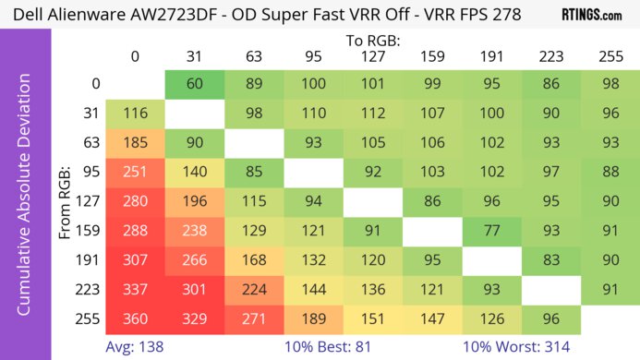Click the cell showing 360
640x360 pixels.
click(135, 320)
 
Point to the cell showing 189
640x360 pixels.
click(313, 320)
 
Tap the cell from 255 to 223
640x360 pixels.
click(551, 320)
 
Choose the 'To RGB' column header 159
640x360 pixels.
click(432, 56)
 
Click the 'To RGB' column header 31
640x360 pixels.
click(194, 56)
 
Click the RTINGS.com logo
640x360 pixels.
click(592, 15)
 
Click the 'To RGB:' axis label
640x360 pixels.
click(372, 41)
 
